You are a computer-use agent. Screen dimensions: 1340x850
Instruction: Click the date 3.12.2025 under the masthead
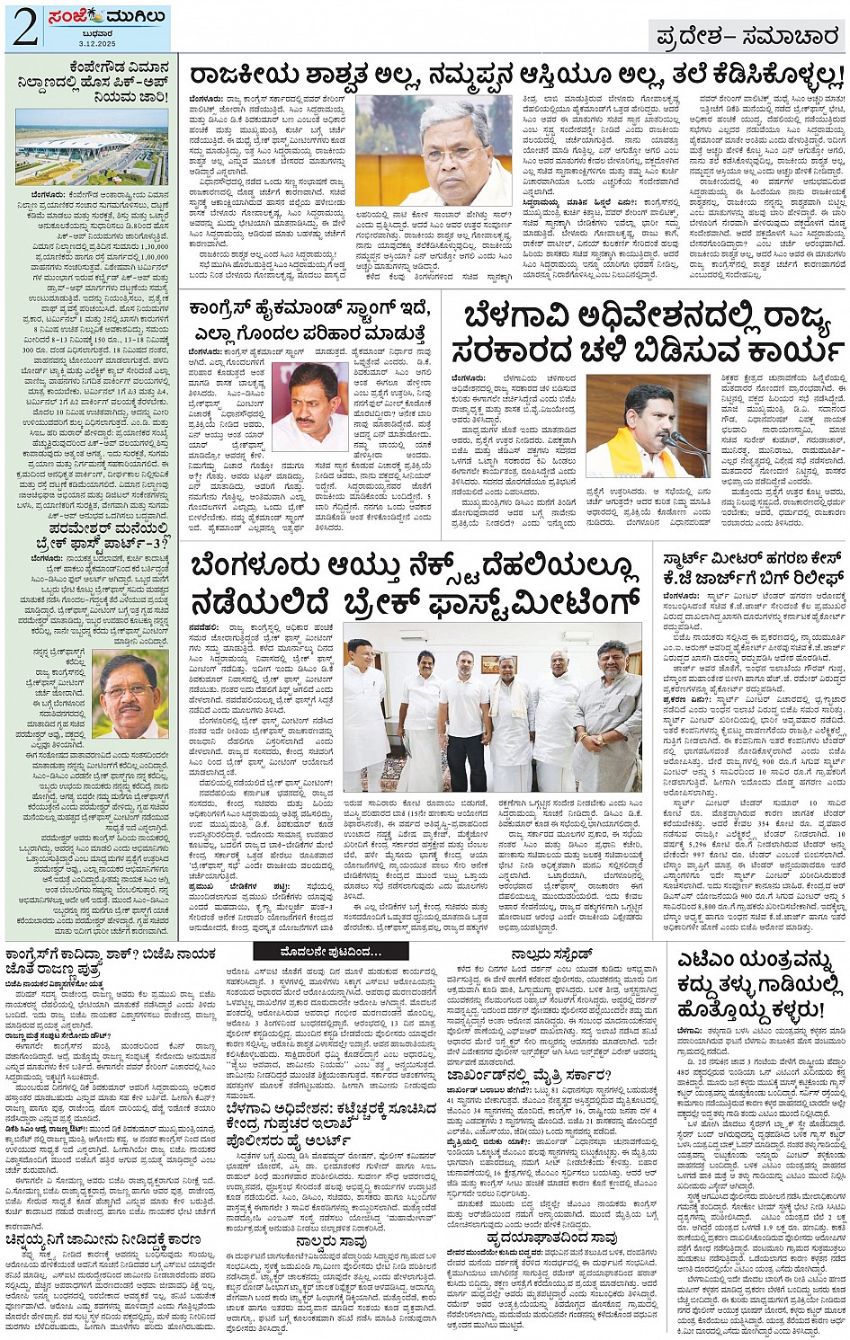pos(93,43)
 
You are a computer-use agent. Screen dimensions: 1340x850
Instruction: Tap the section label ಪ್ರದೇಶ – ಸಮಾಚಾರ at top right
pos(746,37)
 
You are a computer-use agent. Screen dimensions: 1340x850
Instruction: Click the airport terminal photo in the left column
pos(92,146)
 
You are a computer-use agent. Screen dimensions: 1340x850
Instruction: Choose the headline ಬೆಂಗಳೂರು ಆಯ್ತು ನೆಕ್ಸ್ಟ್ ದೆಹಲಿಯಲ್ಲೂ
pos(415,583)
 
